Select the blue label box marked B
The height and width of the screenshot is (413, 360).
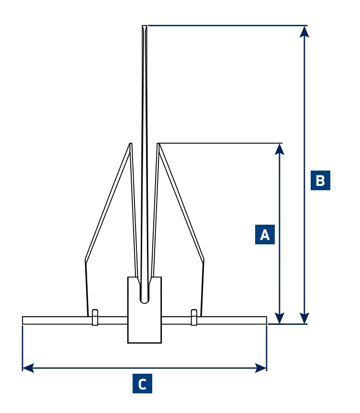point(320,180)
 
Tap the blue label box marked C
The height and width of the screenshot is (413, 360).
point(142,384)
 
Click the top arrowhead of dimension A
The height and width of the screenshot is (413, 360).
point(280,149)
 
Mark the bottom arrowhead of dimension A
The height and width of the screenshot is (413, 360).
point(280,319)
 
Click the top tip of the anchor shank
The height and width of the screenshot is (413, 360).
point(145,26)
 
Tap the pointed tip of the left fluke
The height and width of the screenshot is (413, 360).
point(130,144)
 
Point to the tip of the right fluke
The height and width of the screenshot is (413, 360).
point(158,144)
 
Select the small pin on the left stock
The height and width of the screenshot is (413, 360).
point(95,317)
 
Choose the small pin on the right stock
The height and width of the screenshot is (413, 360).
point(194,317)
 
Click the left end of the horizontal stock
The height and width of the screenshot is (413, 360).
point(23,320)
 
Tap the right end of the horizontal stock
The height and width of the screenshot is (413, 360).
point(265,320)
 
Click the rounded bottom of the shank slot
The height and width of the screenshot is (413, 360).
point(145,300)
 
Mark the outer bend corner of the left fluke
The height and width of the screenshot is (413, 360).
point(85,260)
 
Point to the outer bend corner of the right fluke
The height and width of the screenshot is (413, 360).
point(204,260)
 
